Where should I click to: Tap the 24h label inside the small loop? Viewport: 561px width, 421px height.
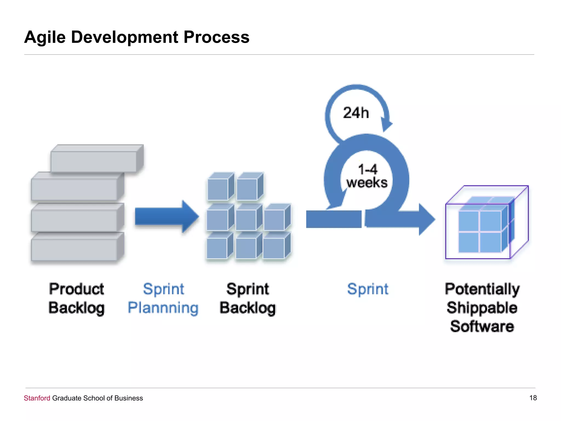coord(356,113)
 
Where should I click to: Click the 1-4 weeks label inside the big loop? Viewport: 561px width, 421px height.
coord(367,176)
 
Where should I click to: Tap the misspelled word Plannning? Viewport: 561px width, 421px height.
coord(163,308)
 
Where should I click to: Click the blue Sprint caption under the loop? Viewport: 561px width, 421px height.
coord(368,289)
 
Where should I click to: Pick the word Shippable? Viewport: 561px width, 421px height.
coord(482,308)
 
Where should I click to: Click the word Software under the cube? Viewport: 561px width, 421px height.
coord(482,326)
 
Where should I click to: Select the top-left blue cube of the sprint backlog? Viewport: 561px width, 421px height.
coord(218,189)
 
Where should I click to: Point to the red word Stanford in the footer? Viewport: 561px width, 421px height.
coord(37,398)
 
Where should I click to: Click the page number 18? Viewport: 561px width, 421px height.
coord(533,398)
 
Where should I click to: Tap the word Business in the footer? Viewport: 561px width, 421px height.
coord(128,398)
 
